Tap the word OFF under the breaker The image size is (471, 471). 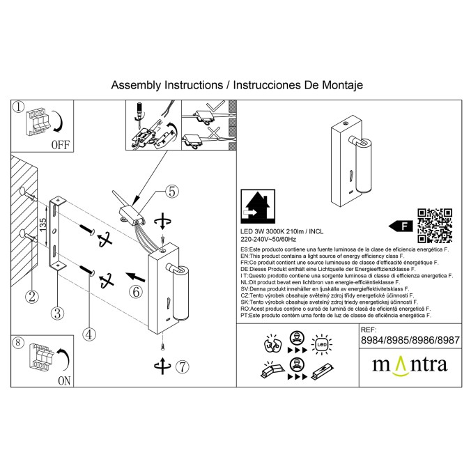click(61, 145)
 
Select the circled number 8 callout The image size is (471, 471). click(19, 343)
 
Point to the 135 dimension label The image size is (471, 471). click(43, 224)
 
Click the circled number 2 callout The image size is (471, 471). click(30, 296)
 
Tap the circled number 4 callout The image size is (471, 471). click(88, 334)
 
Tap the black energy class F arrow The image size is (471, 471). click(398, 226)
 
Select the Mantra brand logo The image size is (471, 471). click(409, 364)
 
